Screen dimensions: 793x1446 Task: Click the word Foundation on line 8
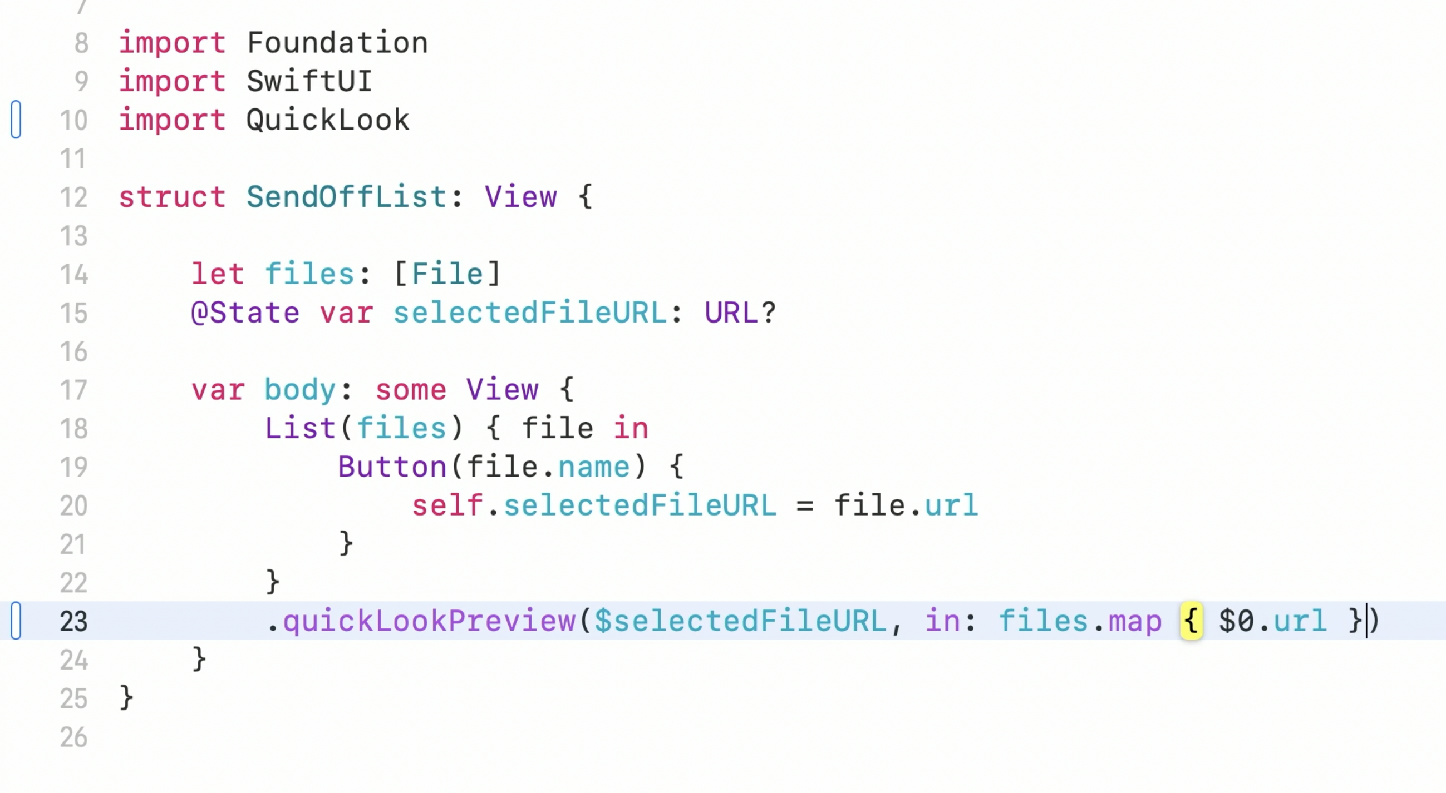337,43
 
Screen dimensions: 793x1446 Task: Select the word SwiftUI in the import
309,81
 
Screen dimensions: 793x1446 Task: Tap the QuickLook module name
328,120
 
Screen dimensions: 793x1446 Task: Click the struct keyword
172,197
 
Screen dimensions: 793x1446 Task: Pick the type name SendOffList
346,197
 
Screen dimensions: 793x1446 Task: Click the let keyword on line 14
218,274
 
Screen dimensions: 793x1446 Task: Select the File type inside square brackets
447,274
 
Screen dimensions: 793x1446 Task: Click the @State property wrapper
245,313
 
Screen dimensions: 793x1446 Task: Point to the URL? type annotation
740,313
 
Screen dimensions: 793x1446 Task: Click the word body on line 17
300,390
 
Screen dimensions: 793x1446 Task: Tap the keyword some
410,390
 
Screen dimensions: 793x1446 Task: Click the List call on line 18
300,429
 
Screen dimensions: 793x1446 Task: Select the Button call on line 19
392,467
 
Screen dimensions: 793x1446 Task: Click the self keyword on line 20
447,506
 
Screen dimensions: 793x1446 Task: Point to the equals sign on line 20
804,506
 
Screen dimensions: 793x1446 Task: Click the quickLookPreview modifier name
429,621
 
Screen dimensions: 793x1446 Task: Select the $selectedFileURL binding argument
740,621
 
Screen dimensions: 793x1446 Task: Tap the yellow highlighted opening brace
1191,621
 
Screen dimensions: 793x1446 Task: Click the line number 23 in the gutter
73,622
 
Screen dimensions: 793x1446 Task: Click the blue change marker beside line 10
16,120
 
